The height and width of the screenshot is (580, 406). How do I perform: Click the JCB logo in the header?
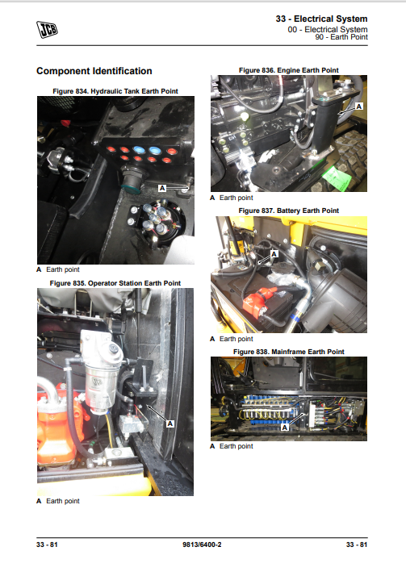[x=47, y=30]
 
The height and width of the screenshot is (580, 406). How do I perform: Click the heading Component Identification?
[x=94, y=71]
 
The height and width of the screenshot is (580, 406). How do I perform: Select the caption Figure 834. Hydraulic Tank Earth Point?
[x=115, y=91]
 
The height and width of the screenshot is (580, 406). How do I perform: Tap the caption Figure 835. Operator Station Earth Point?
[x=115, y=283]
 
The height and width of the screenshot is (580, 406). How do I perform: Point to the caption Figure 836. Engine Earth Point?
[x=289, y=70]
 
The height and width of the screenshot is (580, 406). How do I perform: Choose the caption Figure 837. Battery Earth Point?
[x=289, y=211]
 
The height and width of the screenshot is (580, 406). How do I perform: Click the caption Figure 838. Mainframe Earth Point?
[x=289, y=352]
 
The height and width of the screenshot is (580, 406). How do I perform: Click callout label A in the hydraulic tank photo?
[x=162, y=188]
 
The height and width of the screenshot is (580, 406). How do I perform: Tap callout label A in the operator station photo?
[x=170, y=424]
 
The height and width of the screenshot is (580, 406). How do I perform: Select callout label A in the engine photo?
[x=359, y=106]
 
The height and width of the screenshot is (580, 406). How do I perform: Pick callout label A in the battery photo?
[x=274, y=254]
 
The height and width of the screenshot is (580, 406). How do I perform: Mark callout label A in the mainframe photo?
[x=284, y=428]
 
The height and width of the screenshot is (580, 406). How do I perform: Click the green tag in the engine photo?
[x=337, y=177]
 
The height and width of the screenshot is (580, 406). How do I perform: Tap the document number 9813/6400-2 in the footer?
[x=202, y=545]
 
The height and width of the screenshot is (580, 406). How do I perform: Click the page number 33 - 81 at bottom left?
[x=47, y=545]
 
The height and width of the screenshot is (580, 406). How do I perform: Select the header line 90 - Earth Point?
[x=341, y=37]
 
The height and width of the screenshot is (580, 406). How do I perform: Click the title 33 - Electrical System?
[x=321, y=19]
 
